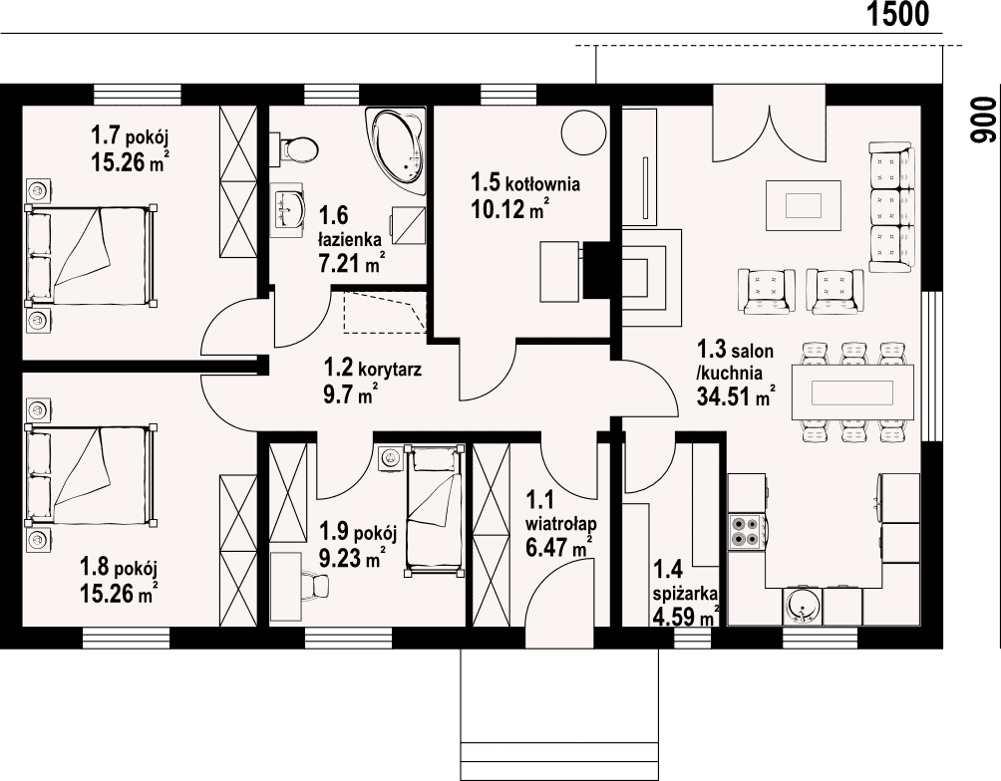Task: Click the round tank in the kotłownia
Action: coord(582,131)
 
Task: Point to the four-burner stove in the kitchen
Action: coord(748,531)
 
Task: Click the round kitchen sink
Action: coord(802,604)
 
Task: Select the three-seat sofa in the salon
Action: coord(892,208)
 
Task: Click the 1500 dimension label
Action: coord(897,15)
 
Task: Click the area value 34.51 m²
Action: coord(736,396)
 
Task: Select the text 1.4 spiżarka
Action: coord(684,582)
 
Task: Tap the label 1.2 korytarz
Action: coord(373,369)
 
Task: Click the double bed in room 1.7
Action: coord(90,255)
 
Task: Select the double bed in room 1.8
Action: coord(90,474)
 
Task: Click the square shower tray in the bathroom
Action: coord(408,226)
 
